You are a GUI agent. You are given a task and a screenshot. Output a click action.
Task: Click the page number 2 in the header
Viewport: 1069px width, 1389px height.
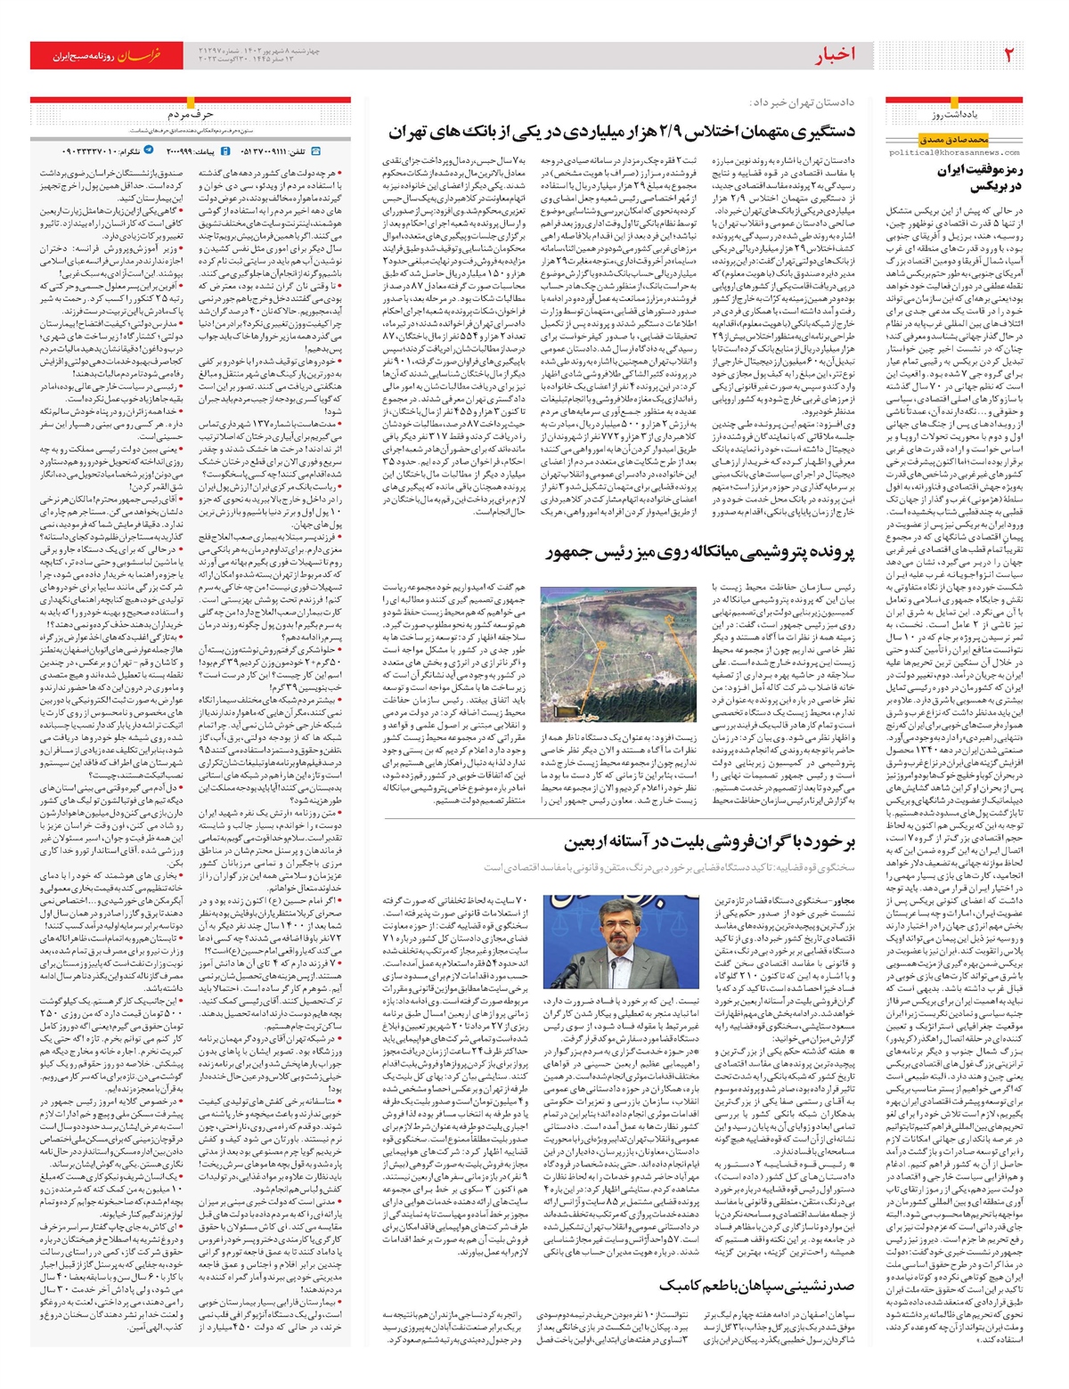click(x=1009, y=55)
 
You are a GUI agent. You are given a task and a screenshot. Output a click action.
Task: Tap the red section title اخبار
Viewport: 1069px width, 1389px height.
click(x=835, y=55)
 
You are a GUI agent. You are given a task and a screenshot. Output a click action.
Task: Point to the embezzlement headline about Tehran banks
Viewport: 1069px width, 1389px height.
click(x=622, y=132)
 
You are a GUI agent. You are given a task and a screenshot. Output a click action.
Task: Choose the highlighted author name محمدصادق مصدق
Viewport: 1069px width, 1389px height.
click(x=954, y=140)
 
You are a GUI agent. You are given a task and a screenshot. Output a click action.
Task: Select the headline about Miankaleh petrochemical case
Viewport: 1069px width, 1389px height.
click(x=699, y=553)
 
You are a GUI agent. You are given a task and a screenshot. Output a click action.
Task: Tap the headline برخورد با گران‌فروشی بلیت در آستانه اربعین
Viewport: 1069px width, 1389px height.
click(x=708, y=842)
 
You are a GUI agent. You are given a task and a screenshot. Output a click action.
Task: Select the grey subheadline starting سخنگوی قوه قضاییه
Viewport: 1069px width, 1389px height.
click(x=668, y=866)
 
